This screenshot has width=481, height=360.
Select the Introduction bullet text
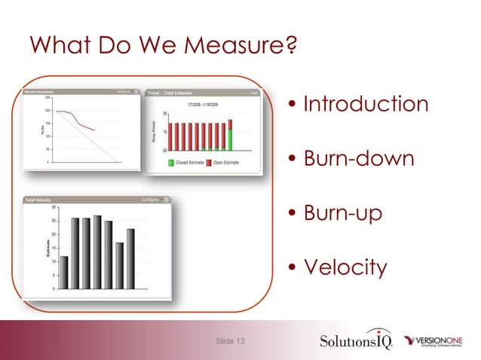pyautogui.click(x=366, y=104)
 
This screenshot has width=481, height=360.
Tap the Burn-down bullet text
pyautogui.click(x=358, y=159)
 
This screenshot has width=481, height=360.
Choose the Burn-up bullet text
pyautogui.click(x=342, y=213)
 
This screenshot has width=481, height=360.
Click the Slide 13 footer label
pyautogui.click(x=230, y=343)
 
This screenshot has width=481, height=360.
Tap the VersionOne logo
pyautogui.click(x=440, y=341)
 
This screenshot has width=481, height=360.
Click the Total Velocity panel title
pyautogui.click(x=38, y=200)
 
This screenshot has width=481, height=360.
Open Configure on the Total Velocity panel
pyautogui.click(x=151, y=200)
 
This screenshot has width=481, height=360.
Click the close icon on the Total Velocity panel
pyautogui.click(x=166, y=200)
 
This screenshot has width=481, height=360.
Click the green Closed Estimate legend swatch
pyautogui.click(x=171, y=162)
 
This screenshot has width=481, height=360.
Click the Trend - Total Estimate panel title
pyautogui.click(x=175, y=93)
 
